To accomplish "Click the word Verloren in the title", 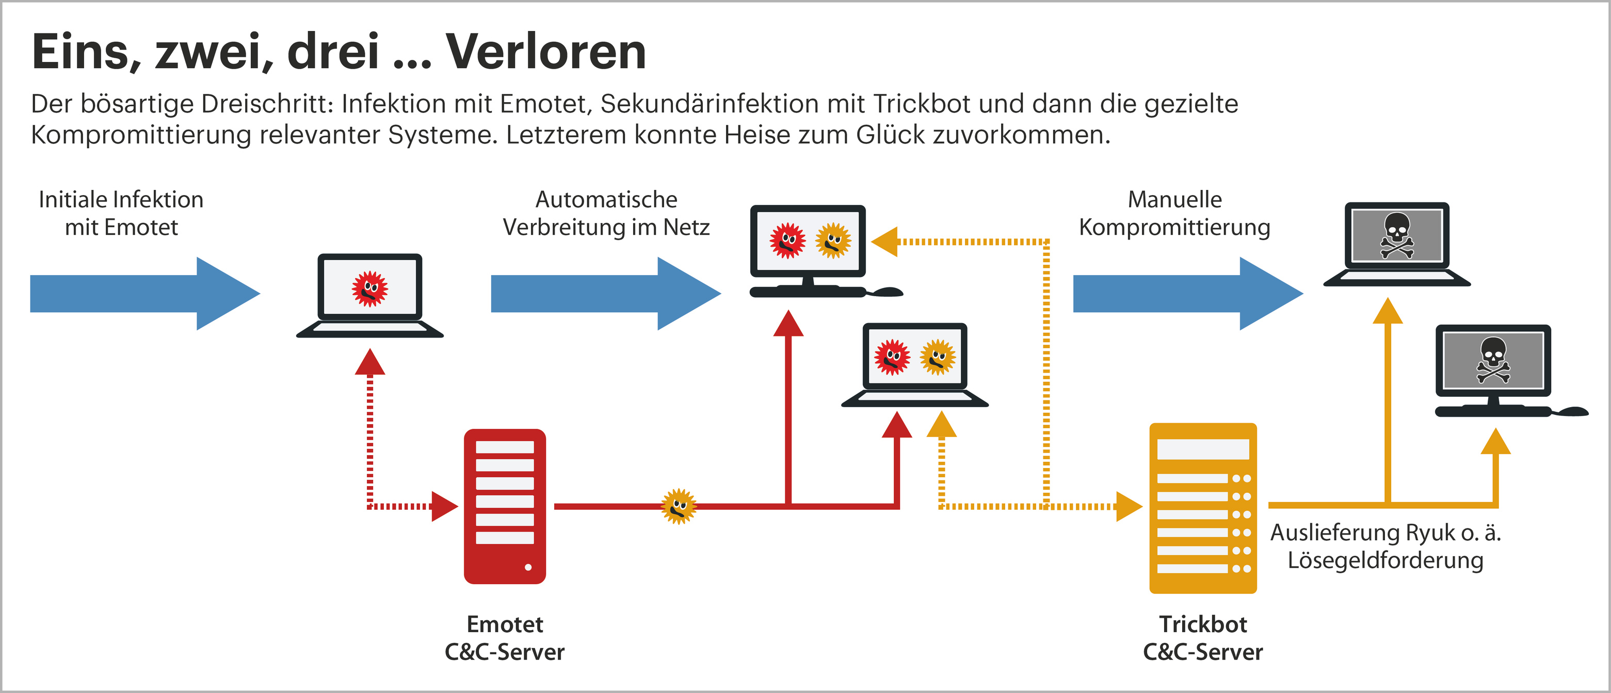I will pyautogui.click(x=545, y=52).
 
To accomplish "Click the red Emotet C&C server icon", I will pyautogui.click(x=505, y=506).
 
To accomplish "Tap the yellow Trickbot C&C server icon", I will pyautogui.click(x=1203, y=508).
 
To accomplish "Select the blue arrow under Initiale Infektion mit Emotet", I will pyautogui.click(x=144, y=293).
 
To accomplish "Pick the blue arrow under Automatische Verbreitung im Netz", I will pyautogui.click(x=605, y=293).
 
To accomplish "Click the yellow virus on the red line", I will pyautogui.click(x=679, y=506).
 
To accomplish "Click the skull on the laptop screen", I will pyautogui.click(x=1396, y=235).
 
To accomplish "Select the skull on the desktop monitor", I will pyautogui.click(x=1493, y=360).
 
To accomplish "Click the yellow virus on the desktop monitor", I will pyautogui.click(x=833, y=240).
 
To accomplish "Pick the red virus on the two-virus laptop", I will pyautogui.click(x=892, y=357).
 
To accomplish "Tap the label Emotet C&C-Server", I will pyautogui.click(x=505, y=638).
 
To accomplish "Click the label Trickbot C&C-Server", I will pyautogui.click(x=1203, y=638).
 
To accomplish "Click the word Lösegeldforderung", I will pyautogui.click(x=1385, y=560).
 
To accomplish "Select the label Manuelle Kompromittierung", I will pyautogui.click(x=1174, y=213).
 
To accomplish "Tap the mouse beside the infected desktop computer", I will pyautogui.click(x=888, y=292).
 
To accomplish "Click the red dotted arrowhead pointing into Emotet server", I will pyautogui.click(x=444, y=506).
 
